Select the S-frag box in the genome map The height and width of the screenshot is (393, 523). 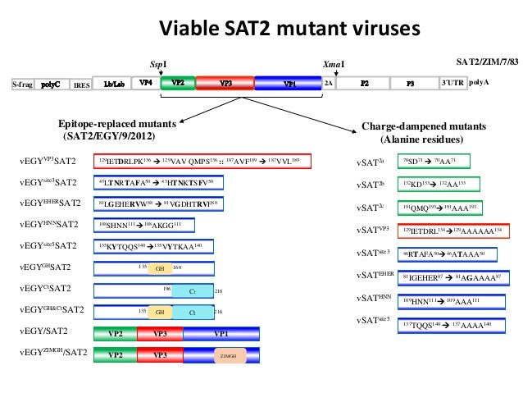[23, 84]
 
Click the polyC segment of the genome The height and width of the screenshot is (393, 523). [52, 84]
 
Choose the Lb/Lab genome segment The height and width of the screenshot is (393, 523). [113, 84]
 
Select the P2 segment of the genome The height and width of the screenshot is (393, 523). [365, 84]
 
